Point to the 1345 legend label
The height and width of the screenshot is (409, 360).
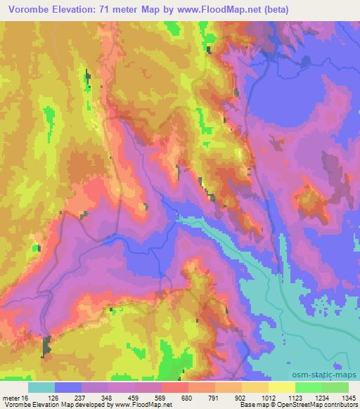347,397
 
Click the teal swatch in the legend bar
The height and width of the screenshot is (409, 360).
41,387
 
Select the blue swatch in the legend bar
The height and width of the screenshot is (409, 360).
68,387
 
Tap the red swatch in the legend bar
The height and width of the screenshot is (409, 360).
175,387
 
